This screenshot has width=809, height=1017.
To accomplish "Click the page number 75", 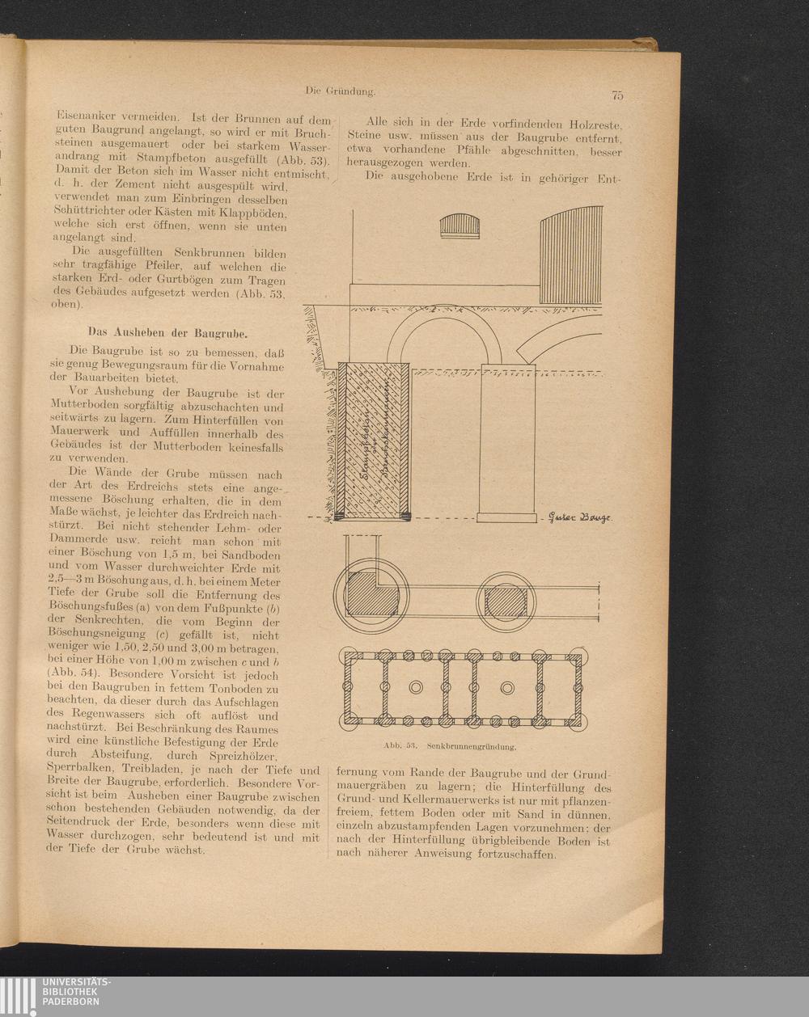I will tap(617, 95).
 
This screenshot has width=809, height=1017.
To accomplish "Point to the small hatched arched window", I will tap(462, 226).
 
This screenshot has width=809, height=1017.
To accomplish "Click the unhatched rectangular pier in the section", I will tap(508, 441).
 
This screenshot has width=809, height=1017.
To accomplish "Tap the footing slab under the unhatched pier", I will tap(508, 516).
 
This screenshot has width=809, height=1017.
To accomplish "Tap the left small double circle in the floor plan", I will tap(417, 687).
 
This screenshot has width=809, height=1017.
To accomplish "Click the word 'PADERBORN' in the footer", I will tap(73, 1002).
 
